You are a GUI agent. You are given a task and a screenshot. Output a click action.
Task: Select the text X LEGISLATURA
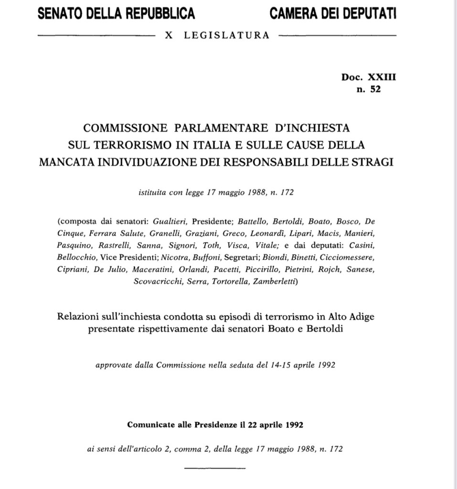point(217,35)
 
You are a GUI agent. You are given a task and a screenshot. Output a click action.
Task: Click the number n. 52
point(369,88)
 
